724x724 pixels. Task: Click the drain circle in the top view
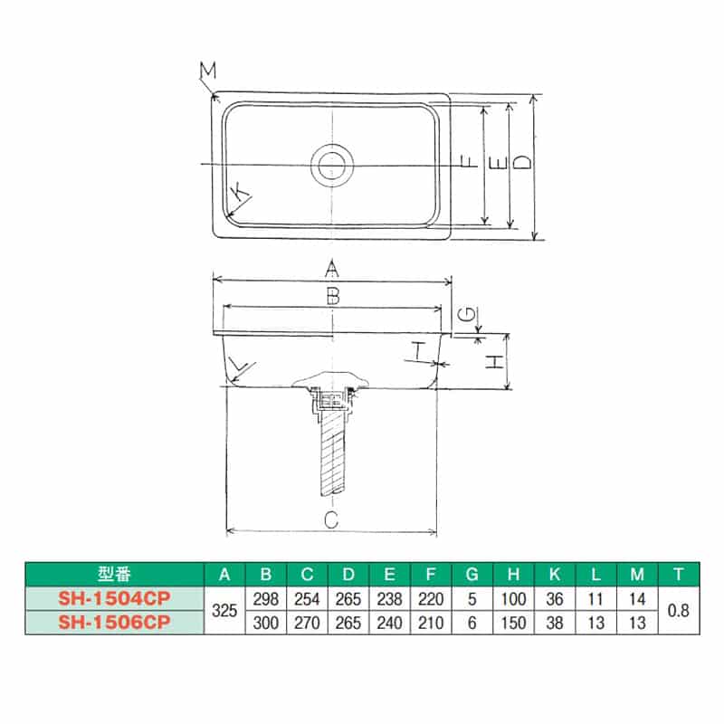click(x=332, y=166)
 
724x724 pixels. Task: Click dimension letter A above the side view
click(x=332, y=268)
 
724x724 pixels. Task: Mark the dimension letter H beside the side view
click(x=493, y=362)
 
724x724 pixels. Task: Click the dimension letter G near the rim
click(x=464, y=314)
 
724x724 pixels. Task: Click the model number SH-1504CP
click(x=114, y=598)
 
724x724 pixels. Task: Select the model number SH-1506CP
click(x=114, y=622)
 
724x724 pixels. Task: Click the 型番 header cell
click(x=114, y=574)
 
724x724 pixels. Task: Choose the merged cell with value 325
click(x=224, y=611)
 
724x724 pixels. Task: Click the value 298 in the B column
click(x=266, y=598)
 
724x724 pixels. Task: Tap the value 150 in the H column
click(x=513, y=623)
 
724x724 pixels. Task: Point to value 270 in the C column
click(x=308, y=623)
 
